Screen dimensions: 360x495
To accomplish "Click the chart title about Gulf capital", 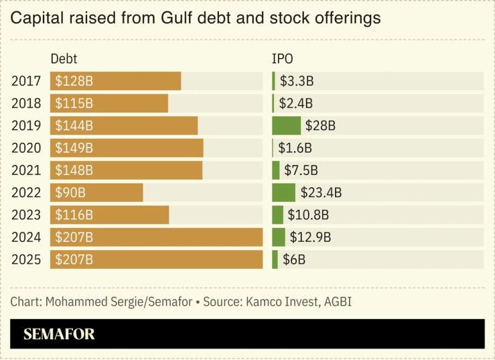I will [x=196, y=18].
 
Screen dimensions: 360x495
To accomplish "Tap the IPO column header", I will [x=282, y=59].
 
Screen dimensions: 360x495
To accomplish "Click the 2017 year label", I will [x=26, y=81].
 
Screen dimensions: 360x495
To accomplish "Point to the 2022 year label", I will [x=26, y=192].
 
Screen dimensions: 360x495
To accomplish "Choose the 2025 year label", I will [x=26, y=259].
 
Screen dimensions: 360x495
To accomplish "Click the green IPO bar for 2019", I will [x=286, y=125].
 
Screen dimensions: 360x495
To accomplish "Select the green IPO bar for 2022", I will [x=283, y=192].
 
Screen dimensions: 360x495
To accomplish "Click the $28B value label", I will [x=320, y=125].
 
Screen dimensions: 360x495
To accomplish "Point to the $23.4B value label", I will [x=321, y=192].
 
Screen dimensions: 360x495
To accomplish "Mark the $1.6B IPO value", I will [x=295, y=147].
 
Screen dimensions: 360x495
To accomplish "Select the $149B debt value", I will [x=74, y=147].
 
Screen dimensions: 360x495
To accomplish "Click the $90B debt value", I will [x=70, y=192].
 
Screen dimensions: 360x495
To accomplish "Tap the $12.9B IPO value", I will [x=310, y=237].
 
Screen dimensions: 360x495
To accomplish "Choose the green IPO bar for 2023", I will [x=277, y=215].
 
